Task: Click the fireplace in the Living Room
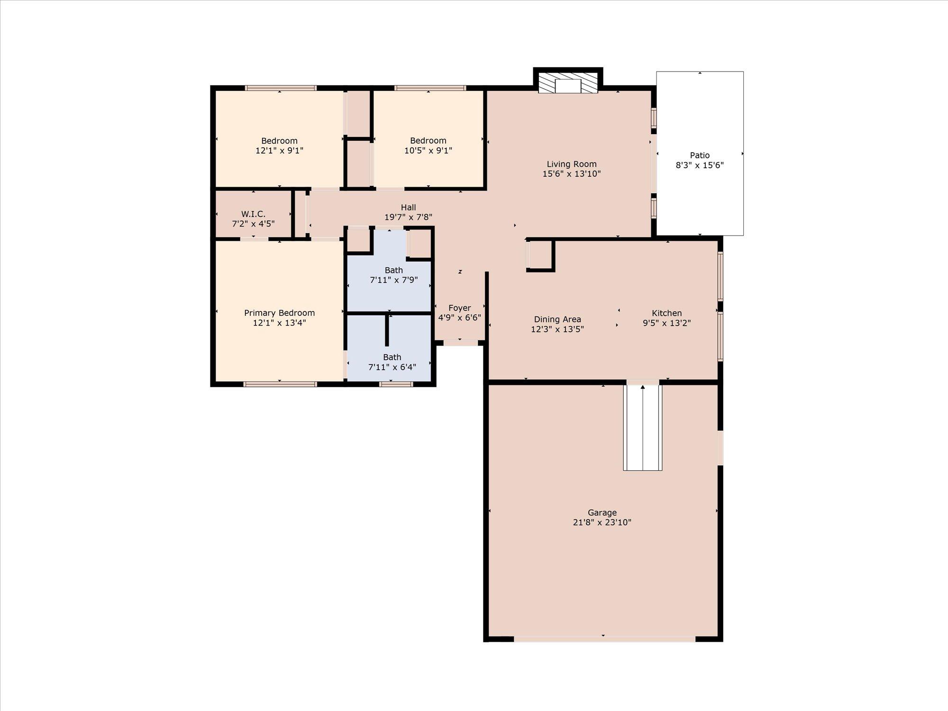(568, 83)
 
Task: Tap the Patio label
(700, 155)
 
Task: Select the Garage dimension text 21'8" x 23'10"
(602, 522)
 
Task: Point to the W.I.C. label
(253, 214)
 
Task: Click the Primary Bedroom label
(279, 313)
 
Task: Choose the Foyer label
(459, 308)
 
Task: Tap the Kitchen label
(666, 313)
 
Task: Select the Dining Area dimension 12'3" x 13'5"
(557, 329)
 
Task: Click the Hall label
(408, 207)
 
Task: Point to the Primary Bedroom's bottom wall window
(280, 384)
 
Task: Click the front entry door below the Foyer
(460, 343)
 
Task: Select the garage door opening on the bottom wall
(604, 639)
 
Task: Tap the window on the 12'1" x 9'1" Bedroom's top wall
(281, 88)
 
